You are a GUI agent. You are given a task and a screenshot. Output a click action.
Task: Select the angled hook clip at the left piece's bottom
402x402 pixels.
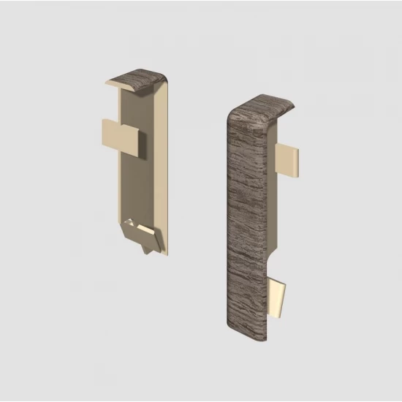click(x=143, y=235)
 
